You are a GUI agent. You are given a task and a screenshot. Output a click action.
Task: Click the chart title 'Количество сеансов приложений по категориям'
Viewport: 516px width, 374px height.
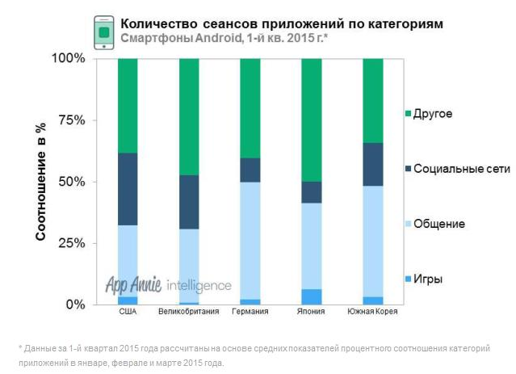click(x=281, y=23)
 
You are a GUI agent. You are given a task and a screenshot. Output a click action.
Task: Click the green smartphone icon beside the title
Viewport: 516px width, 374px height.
click(x=104, y=32)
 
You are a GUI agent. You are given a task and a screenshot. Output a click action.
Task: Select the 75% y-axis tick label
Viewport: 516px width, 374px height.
click(x=70, y=120)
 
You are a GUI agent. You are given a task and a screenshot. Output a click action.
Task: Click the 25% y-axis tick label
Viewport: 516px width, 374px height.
click(x=70, y=243)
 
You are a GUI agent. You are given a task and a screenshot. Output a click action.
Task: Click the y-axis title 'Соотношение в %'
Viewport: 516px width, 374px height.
click(x=40, y=182)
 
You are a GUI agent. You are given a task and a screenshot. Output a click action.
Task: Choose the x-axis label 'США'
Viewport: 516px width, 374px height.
click(x=128, y=312)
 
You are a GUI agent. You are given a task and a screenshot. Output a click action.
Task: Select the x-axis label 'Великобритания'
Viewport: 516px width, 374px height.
click(x=188, y=312)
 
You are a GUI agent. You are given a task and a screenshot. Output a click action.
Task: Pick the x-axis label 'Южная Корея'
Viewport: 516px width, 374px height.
click(x=372, y=312)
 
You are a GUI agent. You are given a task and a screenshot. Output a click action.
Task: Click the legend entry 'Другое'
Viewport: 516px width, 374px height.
click(x=432, y=114)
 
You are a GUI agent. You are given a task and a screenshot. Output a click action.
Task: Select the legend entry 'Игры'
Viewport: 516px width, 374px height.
click(x=427, y=279)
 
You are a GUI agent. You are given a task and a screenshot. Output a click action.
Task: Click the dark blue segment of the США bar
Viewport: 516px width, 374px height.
click(x=128, y=189)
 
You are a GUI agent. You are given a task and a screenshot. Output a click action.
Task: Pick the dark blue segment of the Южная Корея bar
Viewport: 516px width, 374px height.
click(x=372, y=164)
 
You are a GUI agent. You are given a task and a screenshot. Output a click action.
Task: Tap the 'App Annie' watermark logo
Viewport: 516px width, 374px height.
click(x=133, y=284)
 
